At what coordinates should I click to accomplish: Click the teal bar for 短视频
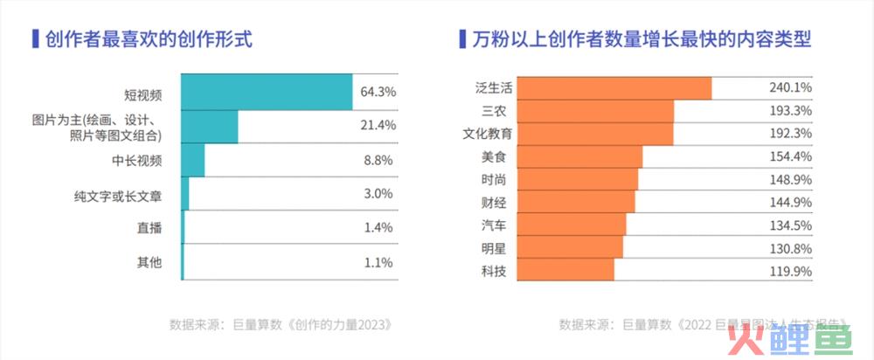tap(267, 92)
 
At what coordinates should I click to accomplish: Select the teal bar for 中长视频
tap(193, 161)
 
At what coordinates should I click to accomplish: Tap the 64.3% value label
tap(378, 92)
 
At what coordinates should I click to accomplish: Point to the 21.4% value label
tap(378, 126)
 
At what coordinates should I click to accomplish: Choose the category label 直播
tap(149, 229)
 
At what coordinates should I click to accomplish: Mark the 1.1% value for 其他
tap(378, 262)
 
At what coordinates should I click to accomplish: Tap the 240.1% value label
tap(790, 88)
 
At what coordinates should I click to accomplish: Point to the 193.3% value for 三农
tap(790, 111)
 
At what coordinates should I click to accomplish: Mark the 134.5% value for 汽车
tap(790, 225)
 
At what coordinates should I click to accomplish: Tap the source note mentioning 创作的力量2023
tap(280, 324)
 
